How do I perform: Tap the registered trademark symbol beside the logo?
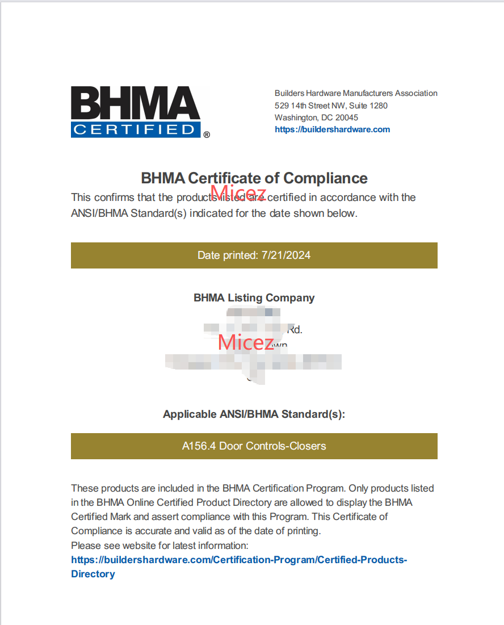click(x=207, y=135)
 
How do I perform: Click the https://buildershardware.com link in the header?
click(x=332, y=129)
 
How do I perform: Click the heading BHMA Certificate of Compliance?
click(x=254, y=178)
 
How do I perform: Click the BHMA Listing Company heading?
click(x=254, y=297)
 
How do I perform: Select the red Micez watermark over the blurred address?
click(x=245, y=342)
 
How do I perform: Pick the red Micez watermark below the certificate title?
click(x=238, y=193)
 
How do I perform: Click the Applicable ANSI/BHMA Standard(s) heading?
click(x=254, y=414)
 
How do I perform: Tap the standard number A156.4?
click(x=199, y=446)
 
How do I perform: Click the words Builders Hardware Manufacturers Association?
click(x=356, y=93)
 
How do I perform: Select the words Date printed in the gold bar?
click(x=227, y=255)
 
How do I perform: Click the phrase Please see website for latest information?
click(x=159, y=546)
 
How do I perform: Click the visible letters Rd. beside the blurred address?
click(x=295, y=329)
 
